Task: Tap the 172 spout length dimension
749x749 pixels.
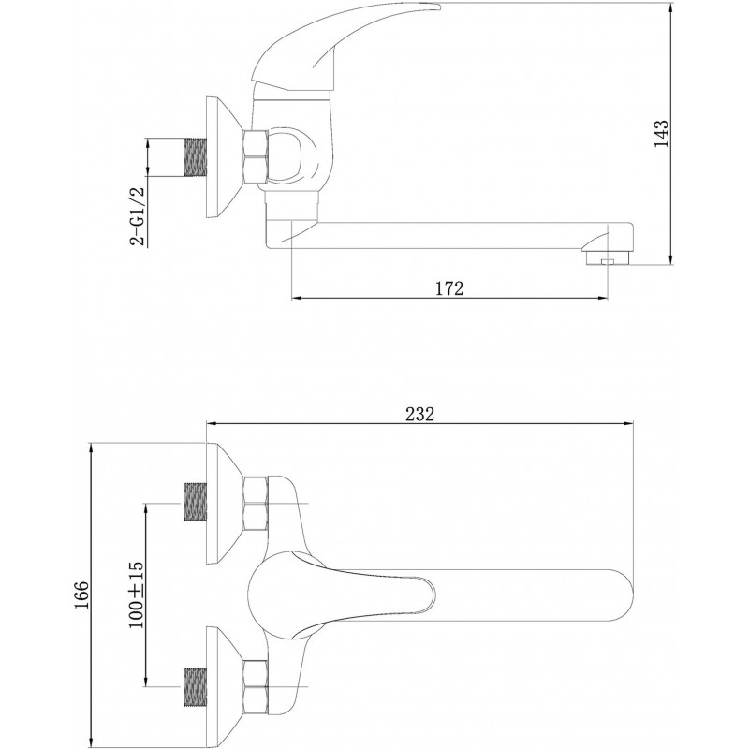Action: (x=449, y=288)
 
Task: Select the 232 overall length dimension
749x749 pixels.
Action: (x=419, y=414)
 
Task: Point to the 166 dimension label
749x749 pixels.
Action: (x=81, y=595)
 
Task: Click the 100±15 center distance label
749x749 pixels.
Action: (x=136, y=595)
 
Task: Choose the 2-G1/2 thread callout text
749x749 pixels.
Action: (x=137, y=216)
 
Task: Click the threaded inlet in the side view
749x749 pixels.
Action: (x=196, y=157)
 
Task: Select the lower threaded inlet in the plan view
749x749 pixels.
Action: (x=196, y=687)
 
